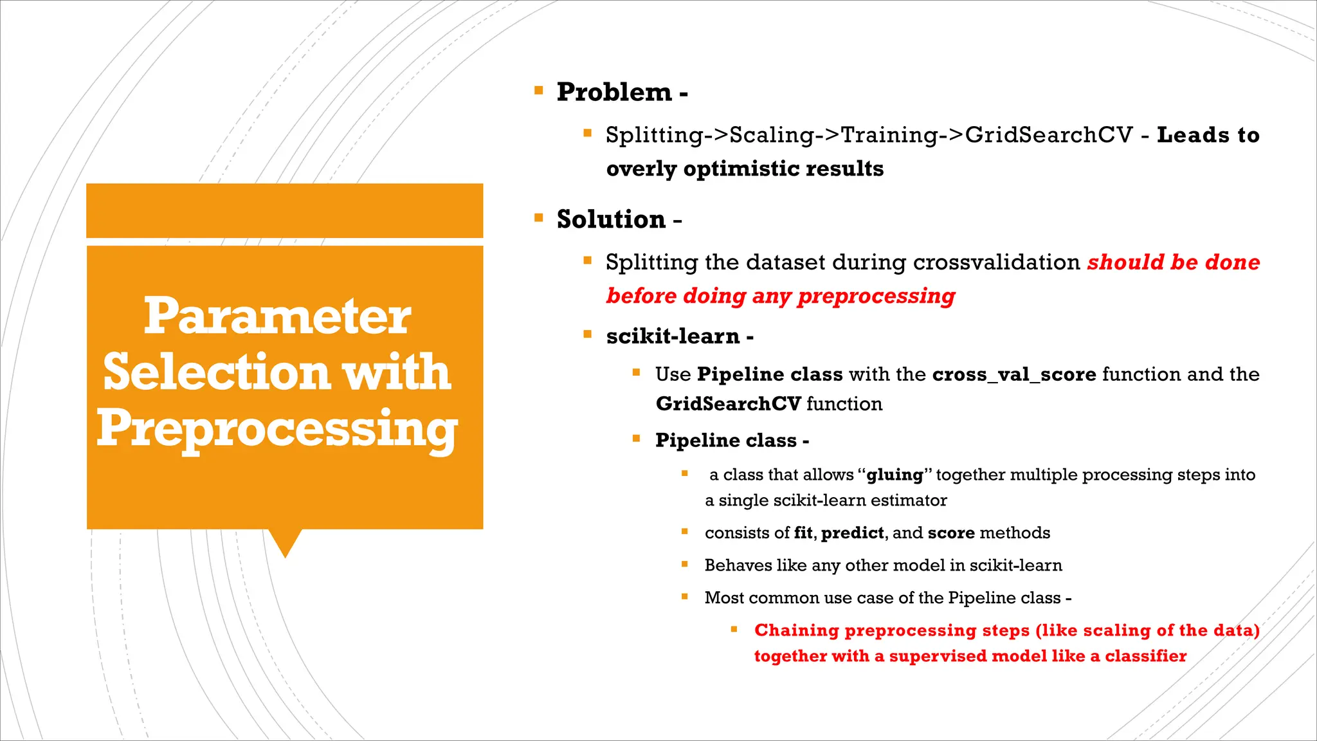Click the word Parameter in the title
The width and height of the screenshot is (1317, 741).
[277, 316]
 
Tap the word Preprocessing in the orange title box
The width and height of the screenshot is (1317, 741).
[277, 430]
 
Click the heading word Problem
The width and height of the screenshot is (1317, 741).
[614, 93]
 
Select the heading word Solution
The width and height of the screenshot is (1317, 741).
[611, 220]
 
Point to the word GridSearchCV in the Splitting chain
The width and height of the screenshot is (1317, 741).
[1049, 135]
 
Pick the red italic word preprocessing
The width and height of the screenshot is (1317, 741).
[876, 297]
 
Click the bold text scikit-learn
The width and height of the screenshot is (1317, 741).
[673, 336]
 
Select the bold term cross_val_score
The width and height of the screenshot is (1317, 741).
[1014, 374]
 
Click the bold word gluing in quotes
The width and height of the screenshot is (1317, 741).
[895, 475]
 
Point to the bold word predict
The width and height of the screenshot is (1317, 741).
[852, 533]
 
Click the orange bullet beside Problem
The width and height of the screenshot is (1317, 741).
[539, 91]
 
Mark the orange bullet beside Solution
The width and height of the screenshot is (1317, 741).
[539, 218]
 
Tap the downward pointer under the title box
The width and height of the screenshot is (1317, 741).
[285, 542]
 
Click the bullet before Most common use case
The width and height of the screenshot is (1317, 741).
[685, 597]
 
